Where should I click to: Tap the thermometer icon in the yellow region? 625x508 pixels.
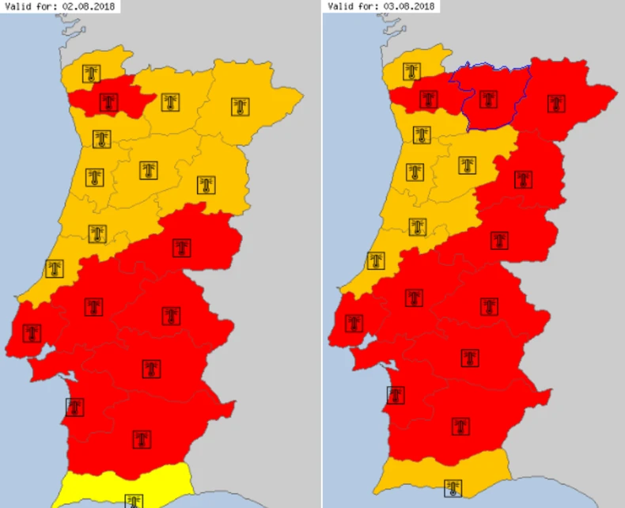(x=134, y=500)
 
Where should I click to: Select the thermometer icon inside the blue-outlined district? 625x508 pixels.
(x=488, y=99)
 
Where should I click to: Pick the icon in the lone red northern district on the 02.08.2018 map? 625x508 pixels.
(x=108, y=102)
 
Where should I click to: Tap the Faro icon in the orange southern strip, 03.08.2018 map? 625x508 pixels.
(x=453, y=488)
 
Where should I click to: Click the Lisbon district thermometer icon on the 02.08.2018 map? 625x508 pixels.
(x=32, y=332)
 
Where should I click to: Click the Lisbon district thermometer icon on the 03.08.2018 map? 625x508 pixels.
(x=353, y=323)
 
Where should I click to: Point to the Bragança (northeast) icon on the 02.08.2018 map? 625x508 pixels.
(x=240, y=106)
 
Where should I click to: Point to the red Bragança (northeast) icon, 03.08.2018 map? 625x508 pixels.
(x=556, y=103)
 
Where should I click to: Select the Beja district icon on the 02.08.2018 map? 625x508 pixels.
(x=142, y=438)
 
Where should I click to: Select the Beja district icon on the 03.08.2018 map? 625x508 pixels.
(x=460, y=426)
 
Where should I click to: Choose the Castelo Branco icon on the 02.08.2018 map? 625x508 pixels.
(x=182, y=247)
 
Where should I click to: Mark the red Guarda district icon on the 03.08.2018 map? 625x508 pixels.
(x=522, y=179)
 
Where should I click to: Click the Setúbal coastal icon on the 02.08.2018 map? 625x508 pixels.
(x=74, y=407)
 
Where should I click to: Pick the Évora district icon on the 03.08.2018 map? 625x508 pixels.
(x=471, y=358)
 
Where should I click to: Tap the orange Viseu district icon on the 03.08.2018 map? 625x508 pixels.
(x=468, y=165)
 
